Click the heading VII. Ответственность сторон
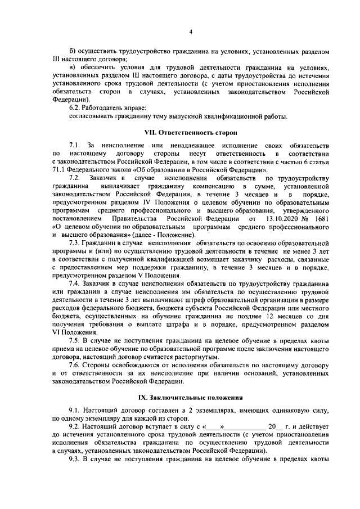190,133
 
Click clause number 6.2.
76,107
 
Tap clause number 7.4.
75,285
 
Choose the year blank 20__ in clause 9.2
274,427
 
